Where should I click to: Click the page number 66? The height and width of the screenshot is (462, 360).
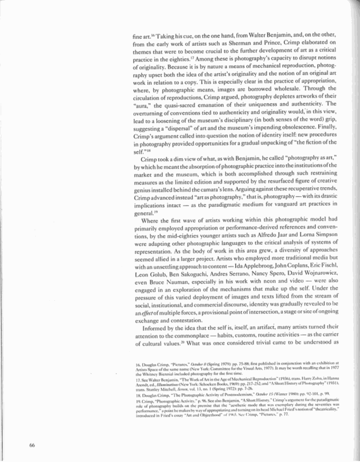tap(32, 446)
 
